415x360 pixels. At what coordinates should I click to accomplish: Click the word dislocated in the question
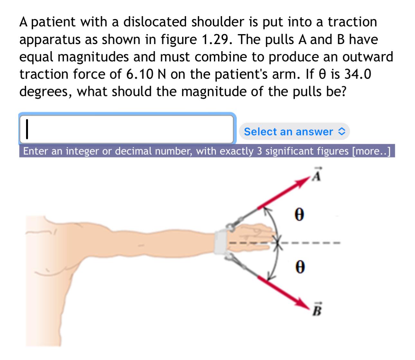tap(155, 22)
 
